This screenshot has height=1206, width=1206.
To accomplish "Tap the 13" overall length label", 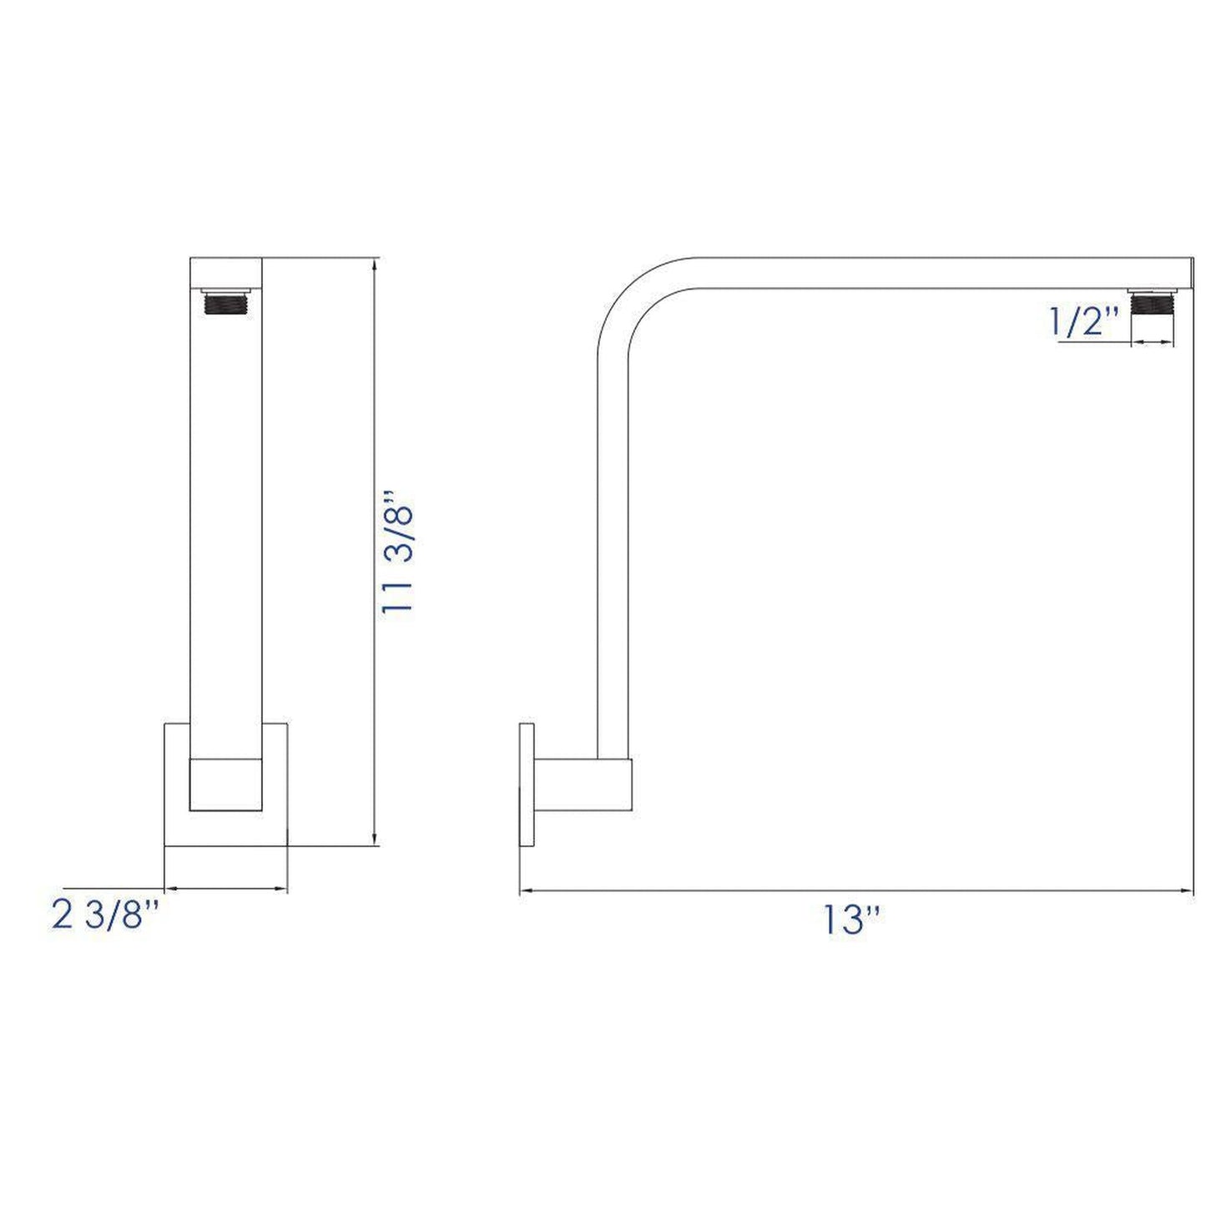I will click(x=851, y=920).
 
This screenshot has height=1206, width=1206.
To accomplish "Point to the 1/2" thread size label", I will click(x=1084, y=321).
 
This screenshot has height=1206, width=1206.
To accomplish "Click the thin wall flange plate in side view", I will click(x=526, y=785).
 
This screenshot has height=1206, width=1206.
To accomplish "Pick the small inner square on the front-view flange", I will click(x=226, y=785).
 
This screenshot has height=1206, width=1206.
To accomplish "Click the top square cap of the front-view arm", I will click(x=226, y=272).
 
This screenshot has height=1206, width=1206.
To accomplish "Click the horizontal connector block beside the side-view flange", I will click(x=584, y=785).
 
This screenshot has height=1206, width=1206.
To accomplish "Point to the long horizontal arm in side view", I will click(x=918, y=273).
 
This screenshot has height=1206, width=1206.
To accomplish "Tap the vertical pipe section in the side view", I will click(x=613, y=542).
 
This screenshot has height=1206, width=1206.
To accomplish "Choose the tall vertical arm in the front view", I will click(x=226, y=517).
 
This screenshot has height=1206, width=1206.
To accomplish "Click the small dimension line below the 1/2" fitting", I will click(x=1153, y=341).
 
